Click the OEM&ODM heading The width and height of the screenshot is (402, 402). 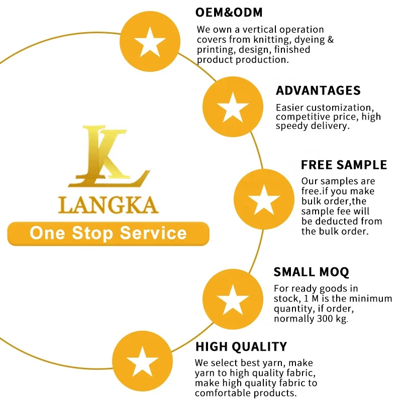point(229,12)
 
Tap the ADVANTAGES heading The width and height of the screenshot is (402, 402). point(318,90)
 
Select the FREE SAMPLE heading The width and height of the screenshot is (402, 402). point(344,165)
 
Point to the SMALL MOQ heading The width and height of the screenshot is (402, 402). point(311,272)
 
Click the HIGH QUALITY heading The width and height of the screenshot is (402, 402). point(241,346)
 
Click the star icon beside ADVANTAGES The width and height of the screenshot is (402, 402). point(233,107)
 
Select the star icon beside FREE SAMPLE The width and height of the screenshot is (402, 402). point(264,200)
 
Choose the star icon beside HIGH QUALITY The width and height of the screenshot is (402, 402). point(142,361)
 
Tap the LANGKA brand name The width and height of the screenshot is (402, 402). point(109,205)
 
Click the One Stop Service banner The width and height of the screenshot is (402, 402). point(108,233)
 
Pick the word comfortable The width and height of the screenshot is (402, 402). point(226,393)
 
